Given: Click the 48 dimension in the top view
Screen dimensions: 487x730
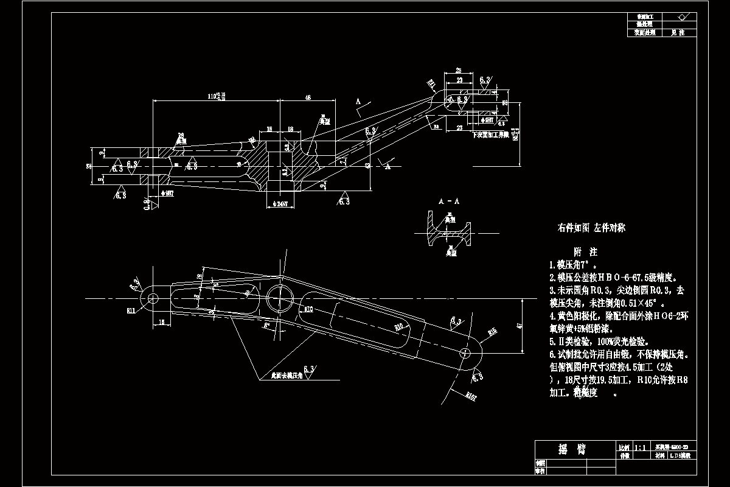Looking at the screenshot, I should [x=308, y=97].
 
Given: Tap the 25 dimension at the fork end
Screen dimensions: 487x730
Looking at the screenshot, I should [x=457, y=70].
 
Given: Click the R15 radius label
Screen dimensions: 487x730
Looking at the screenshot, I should [x=492, y=332].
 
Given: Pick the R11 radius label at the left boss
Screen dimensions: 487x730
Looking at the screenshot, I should [x=131, y=310].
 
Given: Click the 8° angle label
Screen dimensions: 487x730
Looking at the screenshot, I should [x=266, y=325].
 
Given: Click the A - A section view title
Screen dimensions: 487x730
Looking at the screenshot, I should [x=449, y=200].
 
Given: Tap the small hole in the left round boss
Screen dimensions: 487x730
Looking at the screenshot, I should [x=152, y=298].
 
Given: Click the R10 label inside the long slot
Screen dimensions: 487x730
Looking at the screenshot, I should [x=399, y=327].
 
